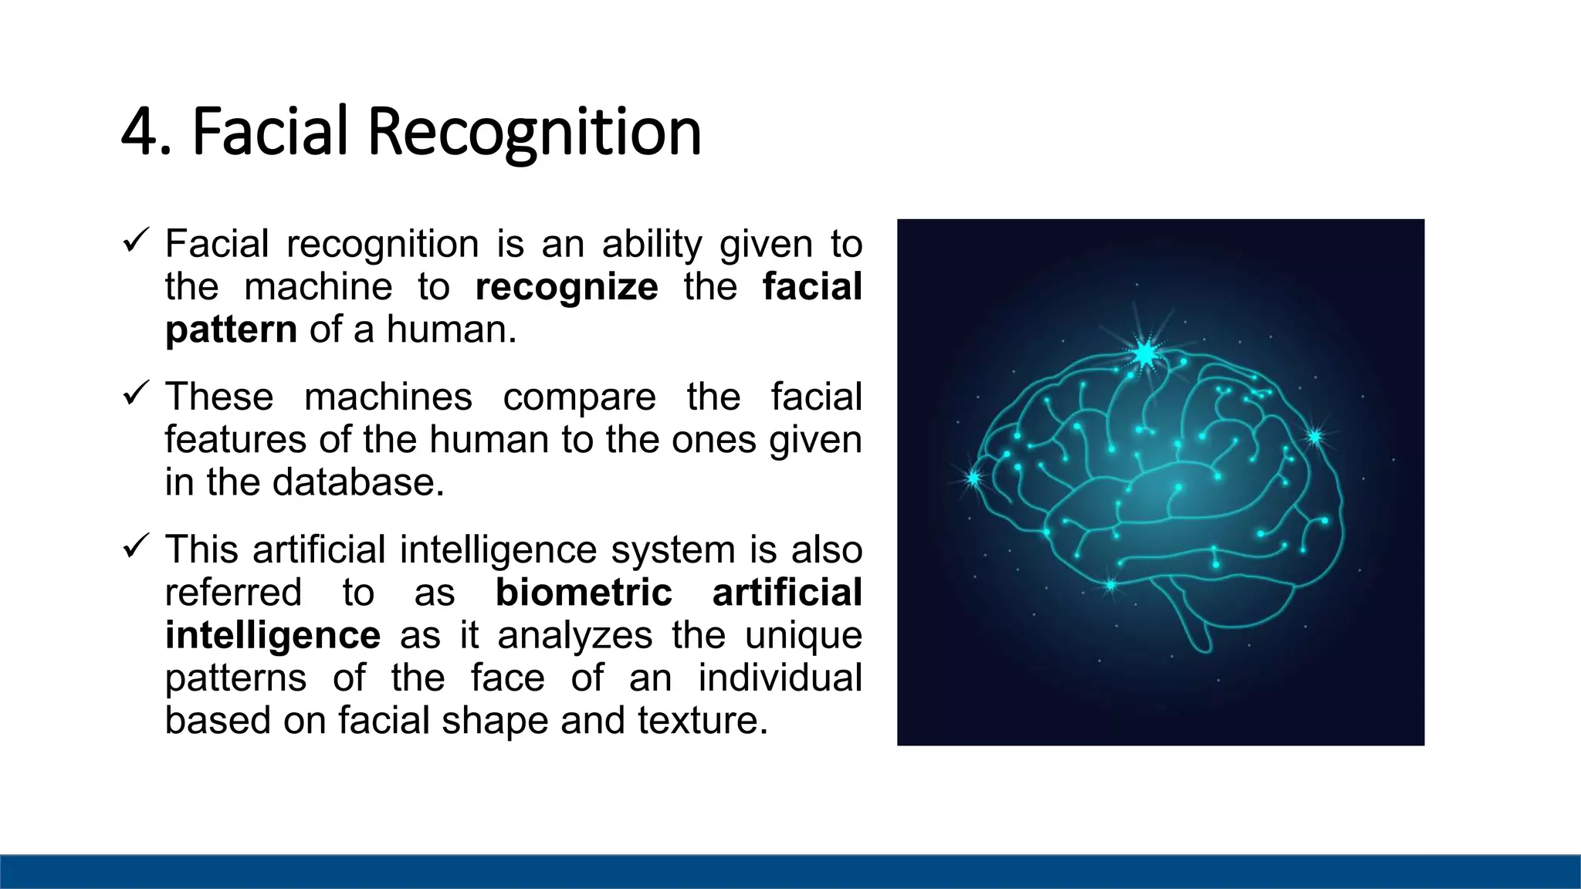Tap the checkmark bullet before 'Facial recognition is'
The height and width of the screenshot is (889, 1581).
135,242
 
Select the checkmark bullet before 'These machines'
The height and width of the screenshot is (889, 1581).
135,395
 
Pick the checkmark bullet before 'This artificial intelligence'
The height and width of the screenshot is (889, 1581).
135,548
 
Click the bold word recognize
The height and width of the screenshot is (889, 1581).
567,287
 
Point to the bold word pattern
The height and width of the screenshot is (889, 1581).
231,330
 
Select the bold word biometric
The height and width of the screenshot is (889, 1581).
584,593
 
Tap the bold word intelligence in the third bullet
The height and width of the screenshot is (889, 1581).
273,635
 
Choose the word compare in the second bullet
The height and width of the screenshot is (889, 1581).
579,397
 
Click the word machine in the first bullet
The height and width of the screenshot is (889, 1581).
318,287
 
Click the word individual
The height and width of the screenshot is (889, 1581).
780,678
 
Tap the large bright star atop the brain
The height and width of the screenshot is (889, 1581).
1146,354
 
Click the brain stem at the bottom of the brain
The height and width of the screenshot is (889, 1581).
1193,625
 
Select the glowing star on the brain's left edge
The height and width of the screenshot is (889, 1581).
974,478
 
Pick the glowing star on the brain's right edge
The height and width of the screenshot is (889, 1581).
1315,437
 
